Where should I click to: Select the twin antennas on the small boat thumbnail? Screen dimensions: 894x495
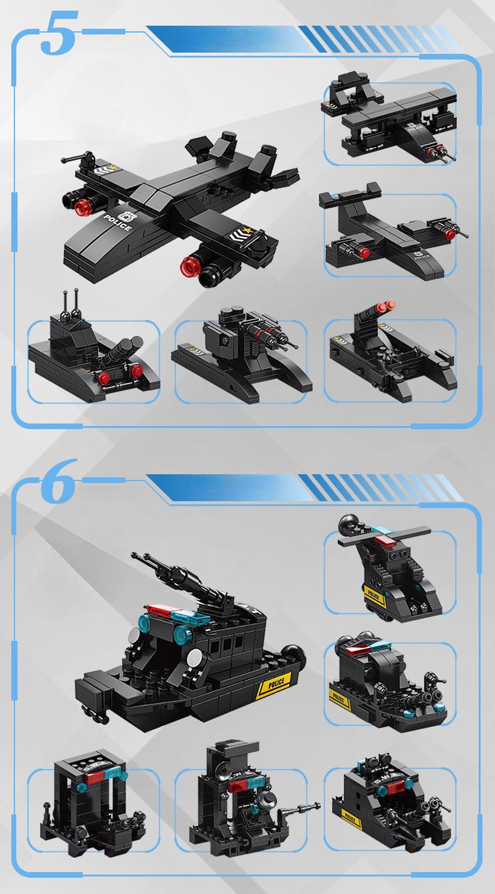coord(71,303)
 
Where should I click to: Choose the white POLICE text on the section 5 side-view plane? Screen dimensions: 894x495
coord(421,256)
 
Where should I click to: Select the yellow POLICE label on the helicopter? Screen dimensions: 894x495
coord(374,592)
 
